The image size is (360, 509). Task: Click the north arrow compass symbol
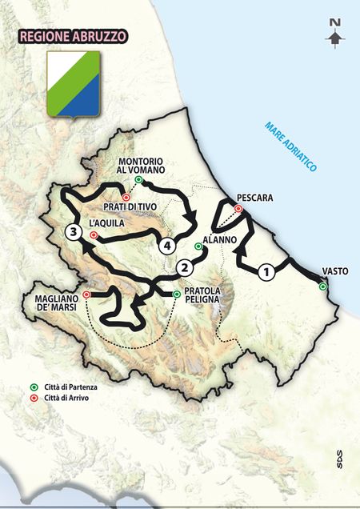[x=336, y=34]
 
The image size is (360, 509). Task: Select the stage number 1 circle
[x=266, y=271]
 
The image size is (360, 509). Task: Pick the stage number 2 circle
[x=185, y=267]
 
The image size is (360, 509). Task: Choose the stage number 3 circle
[x=74, y=232]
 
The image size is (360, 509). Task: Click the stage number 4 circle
[x=167, y=245]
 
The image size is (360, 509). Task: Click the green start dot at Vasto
[x=322, y=286]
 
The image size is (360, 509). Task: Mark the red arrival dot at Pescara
[x=238, y=209]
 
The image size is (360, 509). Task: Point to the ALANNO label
[x=217, y=238]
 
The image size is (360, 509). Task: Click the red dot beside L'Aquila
[x=94, y=235]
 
